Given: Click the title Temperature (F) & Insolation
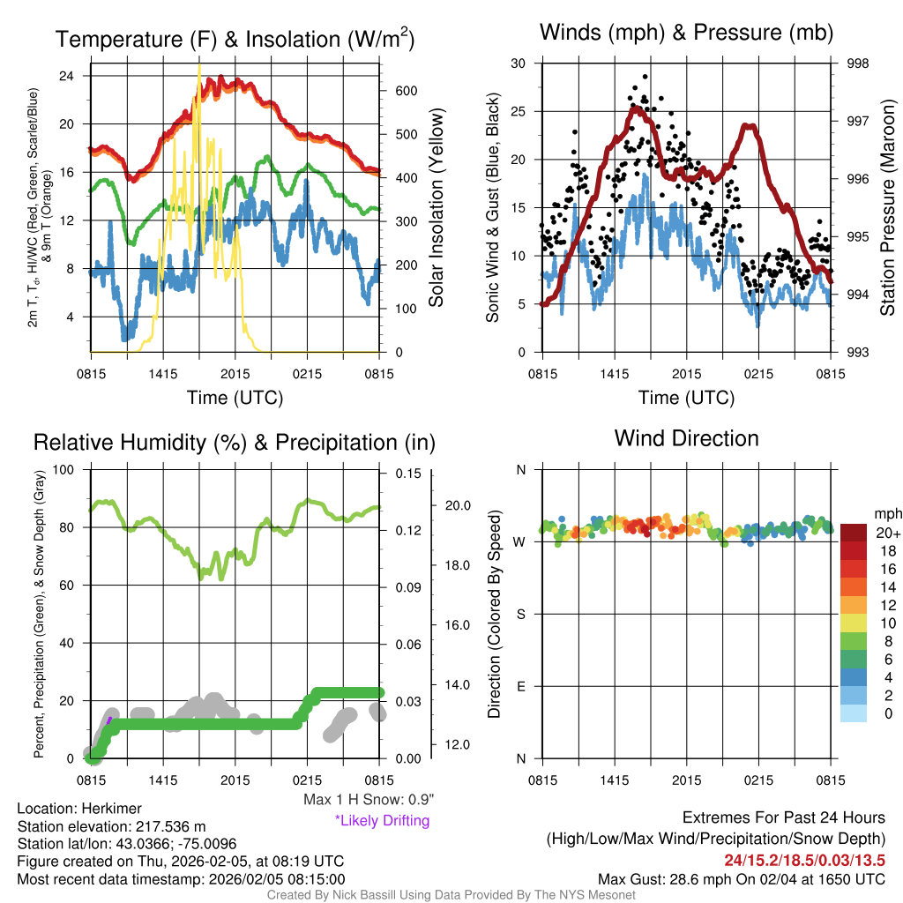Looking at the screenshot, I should [235, 39].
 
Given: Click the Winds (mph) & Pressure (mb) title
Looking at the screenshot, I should [686, 33].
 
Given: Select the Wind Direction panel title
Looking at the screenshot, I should [686, 438].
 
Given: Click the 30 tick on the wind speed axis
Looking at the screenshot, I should [519, 63].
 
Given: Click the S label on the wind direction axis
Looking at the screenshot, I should [521, 614].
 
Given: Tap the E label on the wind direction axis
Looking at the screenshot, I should [521, 686].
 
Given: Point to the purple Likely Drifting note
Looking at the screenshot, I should [382, 820].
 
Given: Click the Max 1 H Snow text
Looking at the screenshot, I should [369, 800].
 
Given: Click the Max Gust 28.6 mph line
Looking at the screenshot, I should [742, 879].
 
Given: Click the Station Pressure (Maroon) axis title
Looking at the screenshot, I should [888, 208].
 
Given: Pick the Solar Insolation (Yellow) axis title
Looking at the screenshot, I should [436, 208].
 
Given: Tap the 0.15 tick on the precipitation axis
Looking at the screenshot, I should [409, 473].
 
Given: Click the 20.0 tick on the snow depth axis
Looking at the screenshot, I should [459, 505].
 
